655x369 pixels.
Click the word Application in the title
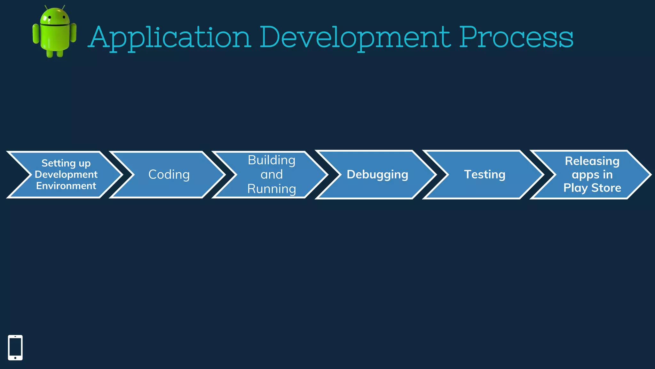[170, 37]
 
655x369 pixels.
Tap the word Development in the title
[355, 37]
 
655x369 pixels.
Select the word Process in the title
[516, 37]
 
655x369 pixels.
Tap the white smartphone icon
[15, 348]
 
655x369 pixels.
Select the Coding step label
[169, 175]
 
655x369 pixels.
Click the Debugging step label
[377, 175]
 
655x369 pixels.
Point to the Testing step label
[485, 175]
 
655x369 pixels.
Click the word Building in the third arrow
[272, 160]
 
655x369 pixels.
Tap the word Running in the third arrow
[272, 189]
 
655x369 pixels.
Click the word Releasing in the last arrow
[592, 161]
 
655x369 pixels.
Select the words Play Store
[592, 188]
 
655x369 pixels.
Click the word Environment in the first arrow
[66, 186]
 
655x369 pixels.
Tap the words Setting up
[66, 163]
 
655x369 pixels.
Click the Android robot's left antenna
[46, 7]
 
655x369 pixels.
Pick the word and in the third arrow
[272, 175]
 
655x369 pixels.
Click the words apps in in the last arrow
[592, 175]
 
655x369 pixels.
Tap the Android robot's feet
[55, 54]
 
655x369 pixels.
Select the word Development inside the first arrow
[66, 175]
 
